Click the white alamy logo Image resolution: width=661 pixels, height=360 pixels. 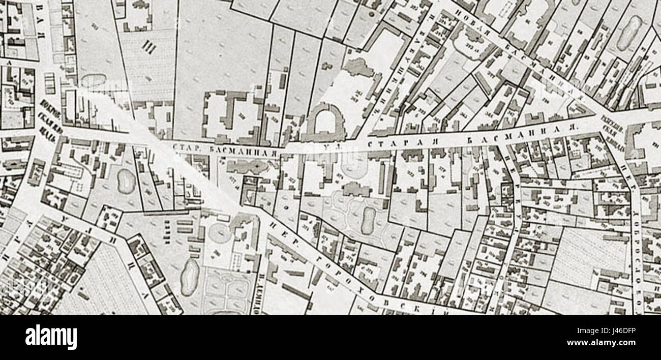click(51, 337)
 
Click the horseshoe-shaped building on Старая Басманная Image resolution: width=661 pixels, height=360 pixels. click(323, 123)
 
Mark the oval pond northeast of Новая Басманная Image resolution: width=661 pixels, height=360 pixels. click(629, 32)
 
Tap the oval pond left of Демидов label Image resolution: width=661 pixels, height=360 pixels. click(189, 278)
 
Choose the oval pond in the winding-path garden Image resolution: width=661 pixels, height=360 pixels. click(367, 220)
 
